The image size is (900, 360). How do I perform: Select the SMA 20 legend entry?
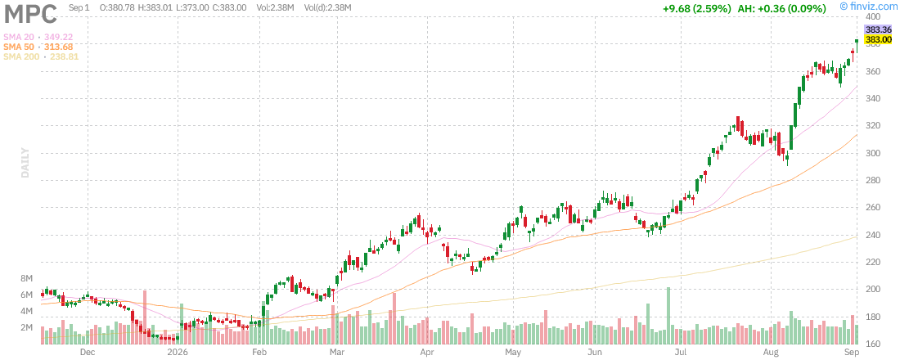pyautogui.click(x=38, y=37)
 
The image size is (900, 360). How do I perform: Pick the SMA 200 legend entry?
pyautogui.click(x=41, y=56)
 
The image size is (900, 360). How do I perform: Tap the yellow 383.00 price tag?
pyautogui.click(x=878, y=39)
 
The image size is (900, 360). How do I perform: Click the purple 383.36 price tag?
pyautogui.click(x=878, y=29)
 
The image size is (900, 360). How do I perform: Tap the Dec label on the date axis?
pyautogui.click(x=88, y=352)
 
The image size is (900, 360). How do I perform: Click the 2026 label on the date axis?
pyautogui.click(x=174, y=352)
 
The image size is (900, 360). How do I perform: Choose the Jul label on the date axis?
pyautogui.click(x=681, y=352)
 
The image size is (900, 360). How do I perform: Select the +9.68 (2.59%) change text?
pyautogui.click(x=696, y=9)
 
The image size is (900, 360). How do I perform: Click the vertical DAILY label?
pyautogui.click(x=25, y=163)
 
